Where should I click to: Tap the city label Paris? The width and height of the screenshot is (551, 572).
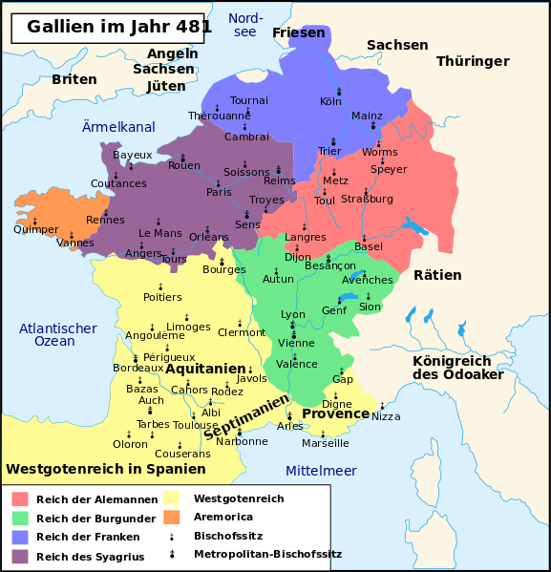point(219,192)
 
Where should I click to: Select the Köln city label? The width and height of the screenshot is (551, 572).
point(330,101)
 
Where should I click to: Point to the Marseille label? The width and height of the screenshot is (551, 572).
point(326,443)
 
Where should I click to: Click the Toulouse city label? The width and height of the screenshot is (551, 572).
point(196,425)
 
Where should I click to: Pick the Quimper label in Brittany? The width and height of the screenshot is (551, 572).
point(36,229)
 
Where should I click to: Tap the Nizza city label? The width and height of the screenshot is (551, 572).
point(386,416)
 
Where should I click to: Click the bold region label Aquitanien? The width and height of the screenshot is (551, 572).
point(205,369)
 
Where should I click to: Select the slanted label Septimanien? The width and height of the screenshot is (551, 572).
point(246,417)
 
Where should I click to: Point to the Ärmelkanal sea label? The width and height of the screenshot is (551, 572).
point(118,127)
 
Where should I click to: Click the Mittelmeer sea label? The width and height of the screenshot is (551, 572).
point(321,471)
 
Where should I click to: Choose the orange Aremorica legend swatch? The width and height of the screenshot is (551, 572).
point(172,517)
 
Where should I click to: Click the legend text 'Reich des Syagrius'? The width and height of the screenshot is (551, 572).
point(90,557)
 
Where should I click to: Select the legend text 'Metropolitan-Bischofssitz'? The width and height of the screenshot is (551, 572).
point(267,554)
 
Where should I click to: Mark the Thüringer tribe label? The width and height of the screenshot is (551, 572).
point(473,61)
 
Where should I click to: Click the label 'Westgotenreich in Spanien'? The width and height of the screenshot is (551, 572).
point(106,469)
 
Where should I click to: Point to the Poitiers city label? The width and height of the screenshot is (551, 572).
point(161,297)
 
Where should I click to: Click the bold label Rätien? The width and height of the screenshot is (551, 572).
point(437,275)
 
